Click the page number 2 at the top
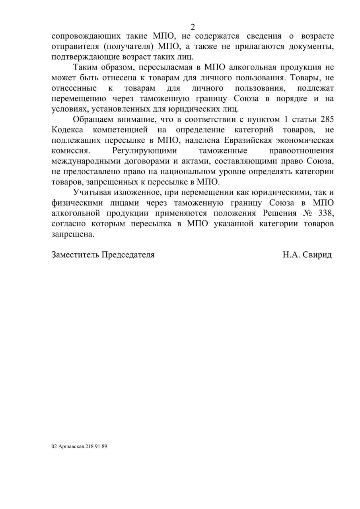[x=193, y=27]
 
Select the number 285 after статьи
[x=327, y=120]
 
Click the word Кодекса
[x=67, y=130]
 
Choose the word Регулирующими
[x=144, y=151]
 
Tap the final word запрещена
[x=73, y=234]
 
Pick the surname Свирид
[x=318, y=255]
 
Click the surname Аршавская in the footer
[x=71, y=446]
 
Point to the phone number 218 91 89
[x=96, y=446]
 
